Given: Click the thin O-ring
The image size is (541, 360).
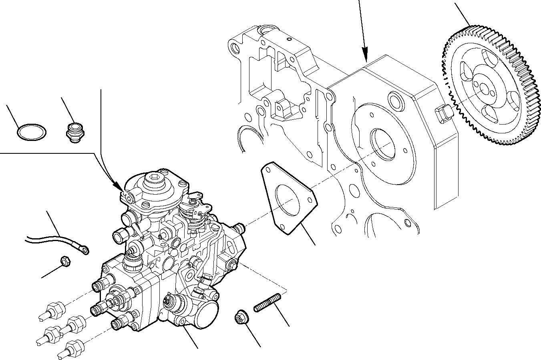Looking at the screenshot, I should coord(32,132).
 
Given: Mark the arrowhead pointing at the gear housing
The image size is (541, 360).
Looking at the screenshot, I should coord(365,56).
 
